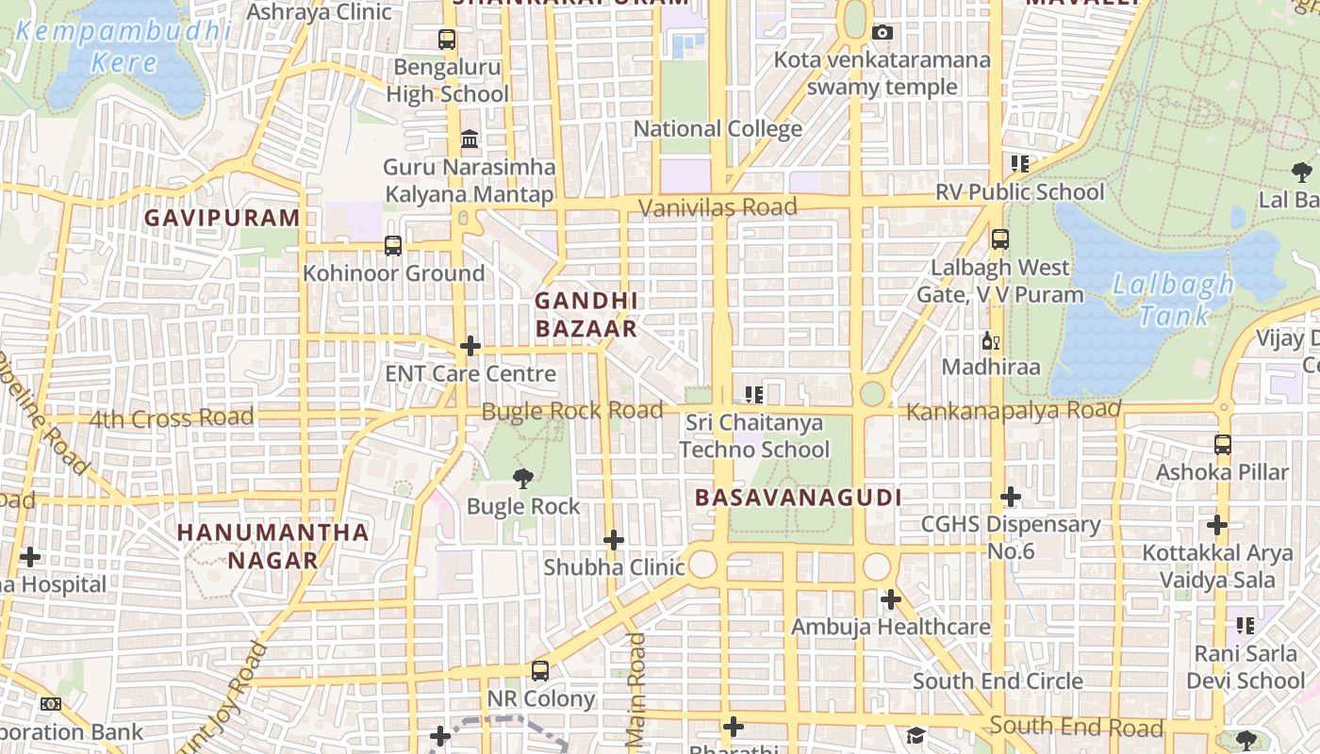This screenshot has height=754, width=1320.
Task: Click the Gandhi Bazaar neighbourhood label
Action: click(x=586, y=315)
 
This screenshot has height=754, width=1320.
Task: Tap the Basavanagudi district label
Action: click(x=799, y=498)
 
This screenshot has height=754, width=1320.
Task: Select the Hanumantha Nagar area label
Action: click(x=273, y=546)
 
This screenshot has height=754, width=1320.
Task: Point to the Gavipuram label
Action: click(x=222, y=218)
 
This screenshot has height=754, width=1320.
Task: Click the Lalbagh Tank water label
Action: click(x=1172, y=299)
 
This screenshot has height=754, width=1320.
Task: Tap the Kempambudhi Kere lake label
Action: click(x=124, y=47)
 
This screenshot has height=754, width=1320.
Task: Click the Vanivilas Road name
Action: click(x=718, y=207)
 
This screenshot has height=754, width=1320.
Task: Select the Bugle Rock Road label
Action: click(x=572, y=411)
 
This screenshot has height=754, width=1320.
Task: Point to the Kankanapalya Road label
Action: click(x=1014, y=411)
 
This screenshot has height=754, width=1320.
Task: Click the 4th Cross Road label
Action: click(x=172, y=417)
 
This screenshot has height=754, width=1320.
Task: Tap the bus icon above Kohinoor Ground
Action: click(x=393, y=246)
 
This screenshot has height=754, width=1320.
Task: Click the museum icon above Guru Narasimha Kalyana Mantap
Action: click(x=470, y=139)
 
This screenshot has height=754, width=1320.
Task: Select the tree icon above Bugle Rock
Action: click(x=522, y=479)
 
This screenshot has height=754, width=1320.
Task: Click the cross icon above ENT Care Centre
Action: click(x=470, y=346)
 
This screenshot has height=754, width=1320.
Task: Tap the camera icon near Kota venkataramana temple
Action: click(x=883, y=33)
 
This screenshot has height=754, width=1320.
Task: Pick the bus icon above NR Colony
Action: click(x=540, y=671)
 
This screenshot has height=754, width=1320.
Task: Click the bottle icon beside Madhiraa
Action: click(x=989, y=341)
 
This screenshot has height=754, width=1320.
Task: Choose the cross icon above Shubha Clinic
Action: click(x=614, y=540)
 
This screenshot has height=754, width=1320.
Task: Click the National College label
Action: click(x=718, y=129)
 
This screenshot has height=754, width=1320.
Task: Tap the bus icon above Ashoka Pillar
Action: click(x=1223, y=444)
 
